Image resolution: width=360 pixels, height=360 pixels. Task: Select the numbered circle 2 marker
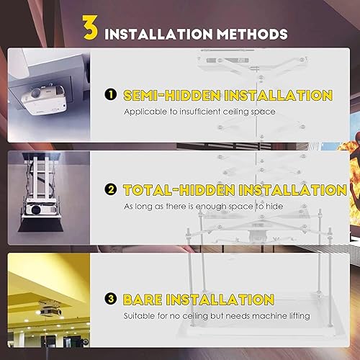click(x=112, y=190)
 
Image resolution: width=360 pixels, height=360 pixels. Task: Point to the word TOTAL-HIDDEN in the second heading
click(x=174, y=190)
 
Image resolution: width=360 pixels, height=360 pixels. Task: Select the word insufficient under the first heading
click(x=208, y=112)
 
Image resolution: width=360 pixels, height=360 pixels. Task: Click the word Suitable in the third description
click(x=140, y=315)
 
